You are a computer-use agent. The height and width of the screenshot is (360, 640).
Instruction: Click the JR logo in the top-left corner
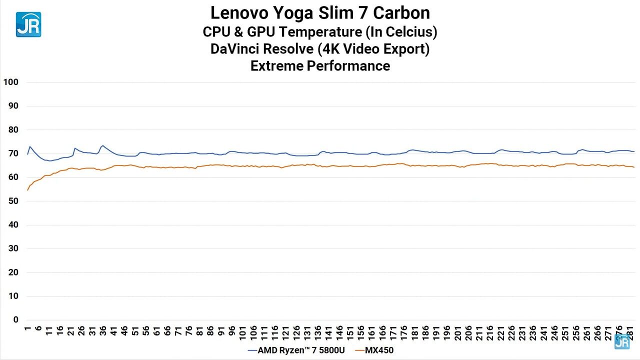(x=28, y=24)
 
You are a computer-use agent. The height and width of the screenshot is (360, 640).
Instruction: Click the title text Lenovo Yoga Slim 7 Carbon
(x=320, y=12)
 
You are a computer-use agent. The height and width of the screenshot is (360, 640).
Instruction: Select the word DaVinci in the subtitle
(x=236, y=49)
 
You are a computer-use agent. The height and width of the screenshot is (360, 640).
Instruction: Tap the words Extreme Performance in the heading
(x=320, y=65)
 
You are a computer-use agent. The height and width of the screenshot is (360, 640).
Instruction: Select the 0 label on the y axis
(x=15, y=320)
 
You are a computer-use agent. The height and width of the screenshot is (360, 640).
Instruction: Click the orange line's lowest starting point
(x=27, y=190)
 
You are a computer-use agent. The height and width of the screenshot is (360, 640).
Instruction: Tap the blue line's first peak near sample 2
(x=30, y=146)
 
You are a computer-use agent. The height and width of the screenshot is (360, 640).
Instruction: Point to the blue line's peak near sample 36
(x=102, y=145)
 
